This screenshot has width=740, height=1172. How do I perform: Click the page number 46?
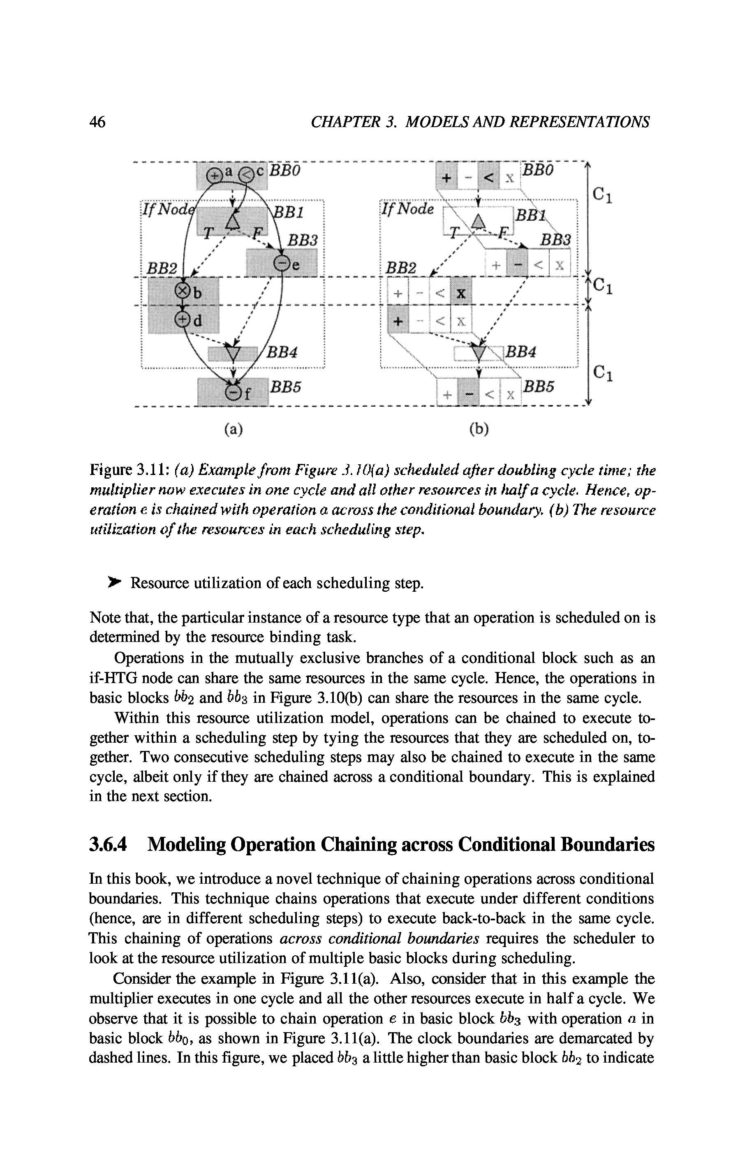pyautogui.click(x=97, y=122)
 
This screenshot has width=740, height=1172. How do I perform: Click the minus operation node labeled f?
pyautogui.click(x=234, y=392)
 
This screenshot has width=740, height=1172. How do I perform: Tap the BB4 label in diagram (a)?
pyautogui.click(x=283, y=352)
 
